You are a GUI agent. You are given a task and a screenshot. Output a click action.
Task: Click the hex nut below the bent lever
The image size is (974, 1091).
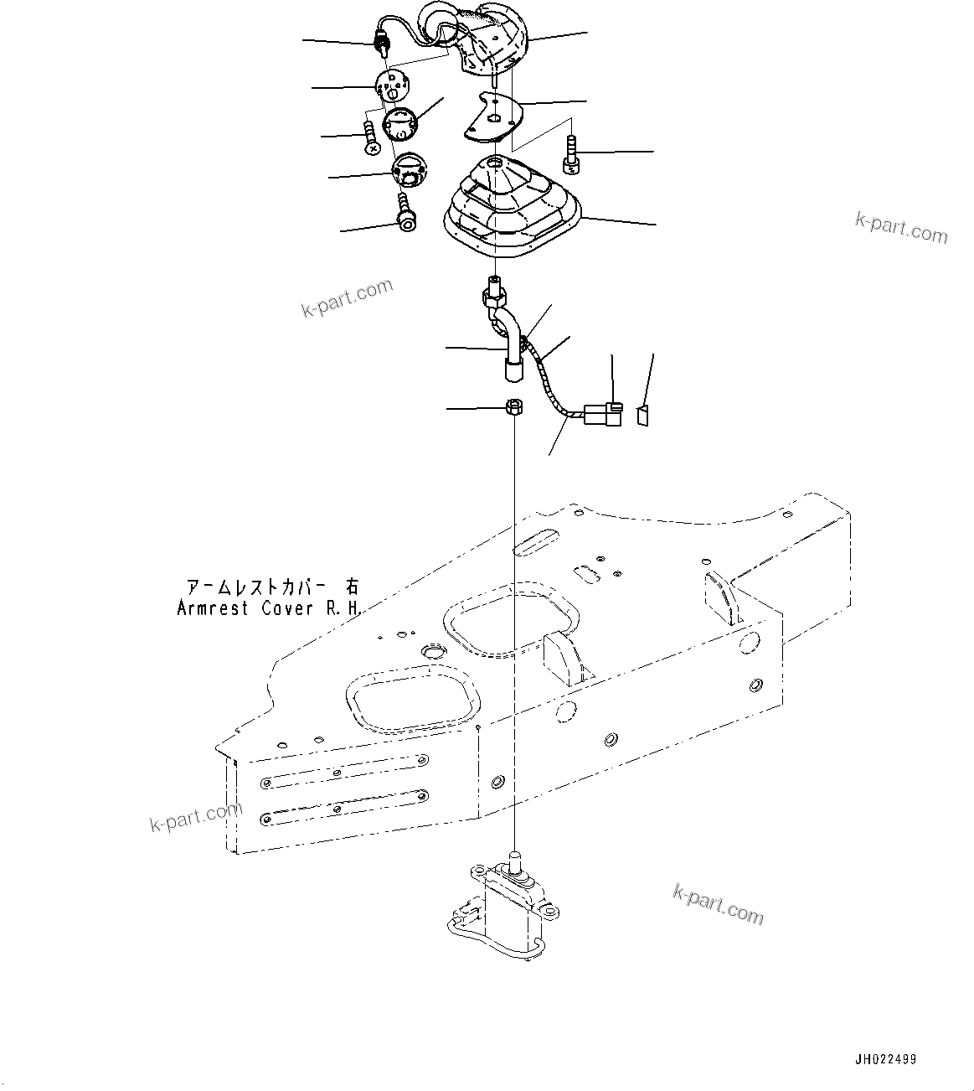pyautogui.click(x=515, y=408)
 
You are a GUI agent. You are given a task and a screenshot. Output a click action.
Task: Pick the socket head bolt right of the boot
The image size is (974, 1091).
pyautogui.click(x=571, y=156)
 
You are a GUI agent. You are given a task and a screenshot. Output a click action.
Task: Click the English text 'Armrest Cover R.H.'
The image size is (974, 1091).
pyautogui.click(x=269, y=609)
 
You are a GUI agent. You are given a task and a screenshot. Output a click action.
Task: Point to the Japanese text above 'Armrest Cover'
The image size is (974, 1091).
pyautogui.click(x=269, y=587)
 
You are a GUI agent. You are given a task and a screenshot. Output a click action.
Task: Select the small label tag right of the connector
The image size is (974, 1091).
pyautogui.click(x=644, y=415)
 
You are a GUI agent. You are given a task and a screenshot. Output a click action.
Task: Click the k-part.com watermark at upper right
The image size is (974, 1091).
pyautogui.click(x=901, y=226)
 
